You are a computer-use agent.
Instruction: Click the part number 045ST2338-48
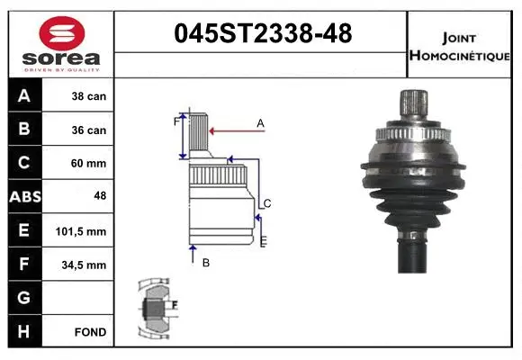click(x=261, y=34)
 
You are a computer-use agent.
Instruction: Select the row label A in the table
click(x=24, y=96)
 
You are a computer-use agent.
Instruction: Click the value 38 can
click(x=89, y=96)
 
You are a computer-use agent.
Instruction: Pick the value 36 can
click(x=89, y=130)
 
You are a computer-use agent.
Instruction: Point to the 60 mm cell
click(x=89, y=163)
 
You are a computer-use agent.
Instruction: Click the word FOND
click(x=91, y=332)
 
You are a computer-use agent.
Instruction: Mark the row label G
click(x=24, y=298)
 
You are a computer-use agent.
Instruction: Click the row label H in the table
click(x=24, y=332)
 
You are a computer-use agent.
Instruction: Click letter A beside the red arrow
click(x=260, y=122)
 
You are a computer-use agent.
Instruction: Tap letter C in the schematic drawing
click(x=267, y=203)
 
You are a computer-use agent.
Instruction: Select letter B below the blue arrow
click(x=205, y=263)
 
